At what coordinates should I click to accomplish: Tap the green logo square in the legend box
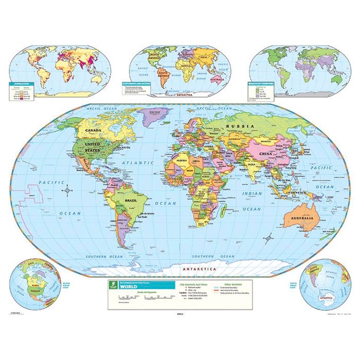click(113, 285)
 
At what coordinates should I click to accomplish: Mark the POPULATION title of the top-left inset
click(21, 83)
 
